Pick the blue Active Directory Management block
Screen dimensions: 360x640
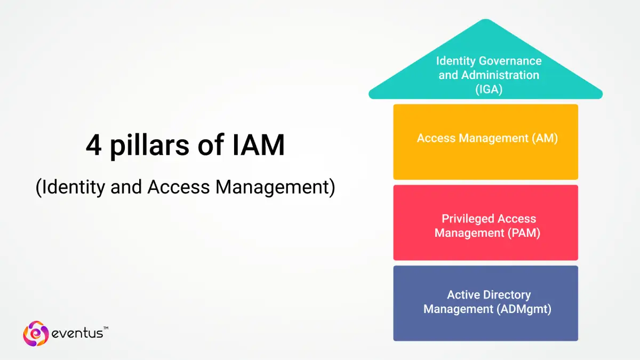(x=485, y=325)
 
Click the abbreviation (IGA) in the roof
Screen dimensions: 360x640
(x=489, y=90)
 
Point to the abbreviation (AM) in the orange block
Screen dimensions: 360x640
(x=545, y=139)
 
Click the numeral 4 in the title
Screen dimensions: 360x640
(x=93, y=146)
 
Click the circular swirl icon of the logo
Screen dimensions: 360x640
(x=36, y=333)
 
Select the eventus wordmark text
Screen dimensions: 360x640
(x=78, y=334)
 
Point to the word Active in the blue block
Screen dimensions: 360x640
(x=462, y=295)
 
